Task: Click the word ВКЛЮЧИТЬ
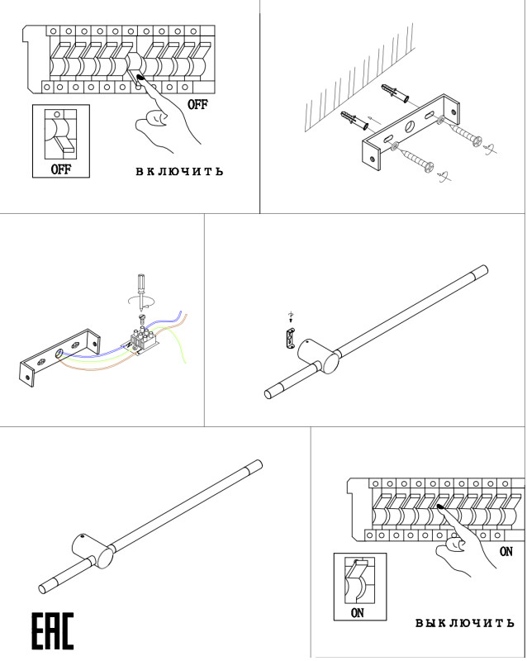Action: (x=179, y=172)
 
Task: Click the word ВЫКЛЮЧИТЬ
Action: (x=463, y=622)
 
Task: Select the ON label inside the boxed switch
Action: (x=357, y=613)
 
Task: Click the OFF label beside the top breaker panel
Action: (x=197, y=105)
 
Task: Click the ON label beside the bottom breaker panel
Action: (x=506, y=551)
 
